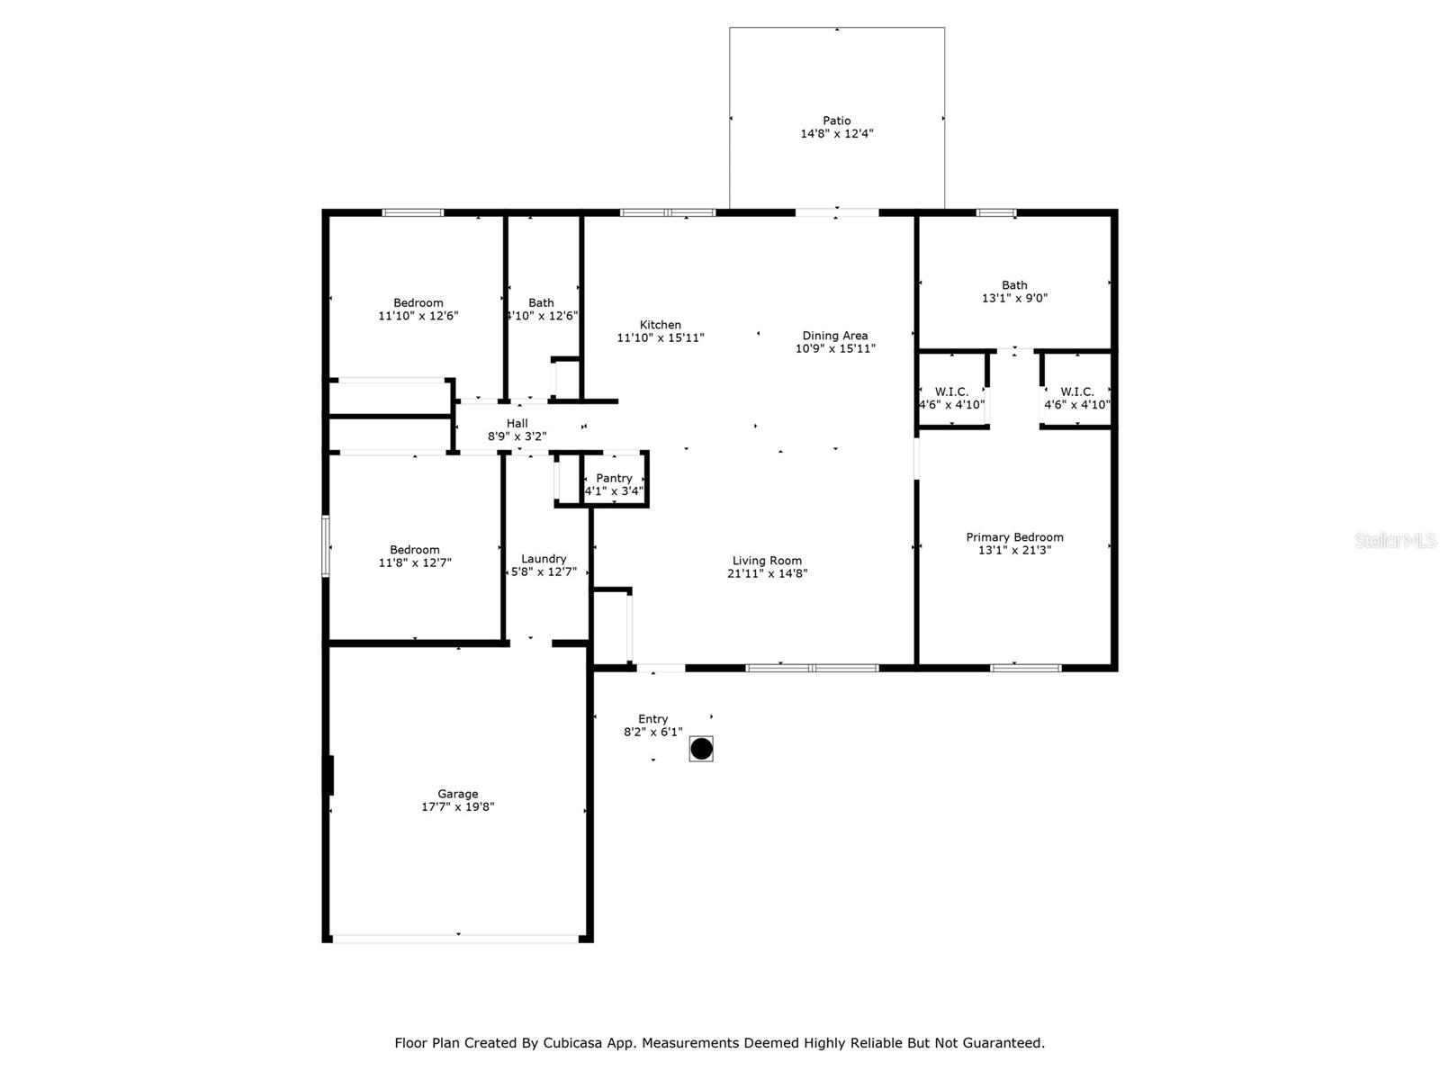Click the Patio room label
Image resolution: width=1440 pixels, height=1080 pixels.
point(836,121)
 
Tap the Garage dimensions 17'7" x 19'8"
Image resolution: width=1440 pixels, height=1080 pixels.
point(457,806)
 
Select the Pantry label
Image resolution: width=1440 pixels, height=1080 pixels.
point(614,479)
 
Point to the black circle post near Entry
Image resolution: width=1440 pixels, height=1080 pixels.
point(701,748)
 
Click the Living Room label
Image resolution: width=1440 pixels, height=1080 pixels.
point(767,561)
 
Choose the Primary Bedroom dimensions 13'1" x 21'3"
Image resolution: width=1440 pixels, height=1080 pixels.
point(1014,550)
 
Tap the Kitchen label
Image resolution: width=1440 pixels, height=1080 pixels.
point(660,325)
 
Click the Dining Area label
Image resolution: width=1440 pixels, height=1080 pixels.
point(834,336)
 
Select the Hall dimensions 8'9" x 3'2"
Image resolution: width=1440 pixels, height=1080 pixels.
point(517,436)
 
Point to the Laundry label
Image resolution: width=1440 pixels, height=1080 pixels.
point(544,559)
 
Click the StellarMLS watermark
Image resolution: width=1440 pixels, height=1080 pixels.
point(1395,540)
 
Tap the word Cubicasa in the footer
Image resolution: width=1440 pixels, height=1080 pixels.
point(572,1043)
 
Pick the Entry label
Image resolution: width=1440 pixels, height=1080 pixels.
point(652,719)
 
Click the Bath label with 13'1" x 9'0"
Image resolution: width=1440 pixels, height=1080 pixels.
point(1014,285)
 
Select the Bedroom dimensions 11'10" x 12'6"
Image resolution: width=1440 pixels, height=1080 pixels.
point(418,315)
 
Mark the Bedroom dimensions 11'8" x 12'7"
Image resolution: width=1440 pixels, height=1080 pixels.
point(415,562)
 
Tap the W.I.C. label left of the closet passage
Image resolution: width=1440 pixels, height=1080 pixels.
point(951,392)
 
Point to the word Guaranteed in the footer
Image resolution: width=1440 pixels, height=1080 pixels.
point(1000,1043)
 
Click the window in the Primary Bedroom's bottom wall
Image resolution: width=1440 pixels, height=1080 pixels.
point(1025,668)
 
